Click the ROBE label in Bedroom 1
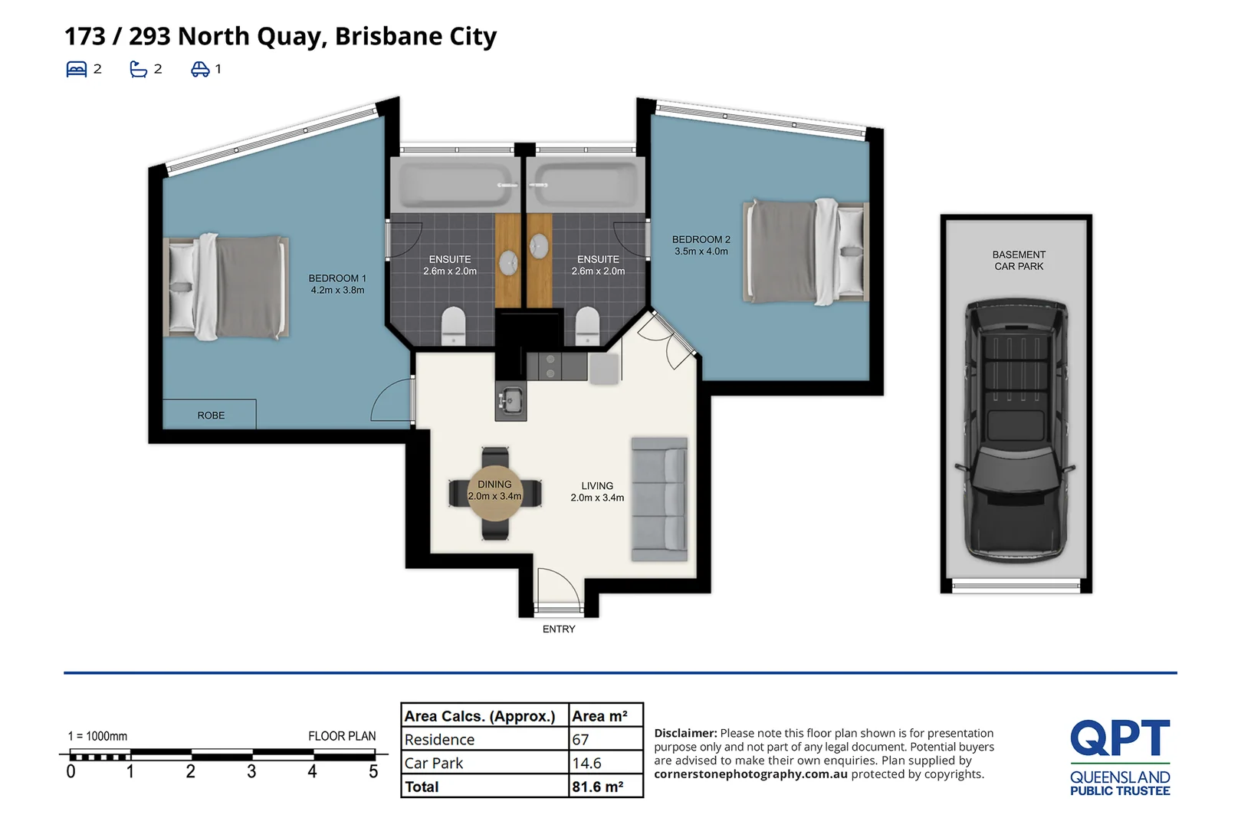(x=211, y=415)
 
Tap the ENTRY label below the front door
(x=559, y=629)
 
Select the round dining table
(x=494, y=492)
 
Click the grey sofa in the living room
(x=660, y=499)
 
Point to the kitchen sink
(x=511, y=400)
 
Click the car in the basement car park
(x=1016, y=429)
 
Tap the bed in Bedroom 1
(x=226, y=286)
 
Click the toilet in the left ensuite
(x=453, y=327)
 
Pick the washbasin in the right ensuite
(x=539, y=246)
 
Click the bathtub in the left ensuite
(x=455, y=185)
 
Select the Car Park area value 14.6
(x=586, y=763)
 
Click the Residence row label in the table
(x=439, y=739)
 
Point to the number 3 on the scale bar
(x=251, y=771)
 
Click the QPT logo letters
(x=1120, y=738)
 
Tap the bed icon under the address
(x=77, y=69)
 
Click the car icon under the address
(x=200, y=69)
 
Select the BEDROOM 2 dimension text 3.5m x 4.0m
(x=701, y=251)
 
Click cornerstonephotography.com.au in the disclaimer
(x=750, y=774)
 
